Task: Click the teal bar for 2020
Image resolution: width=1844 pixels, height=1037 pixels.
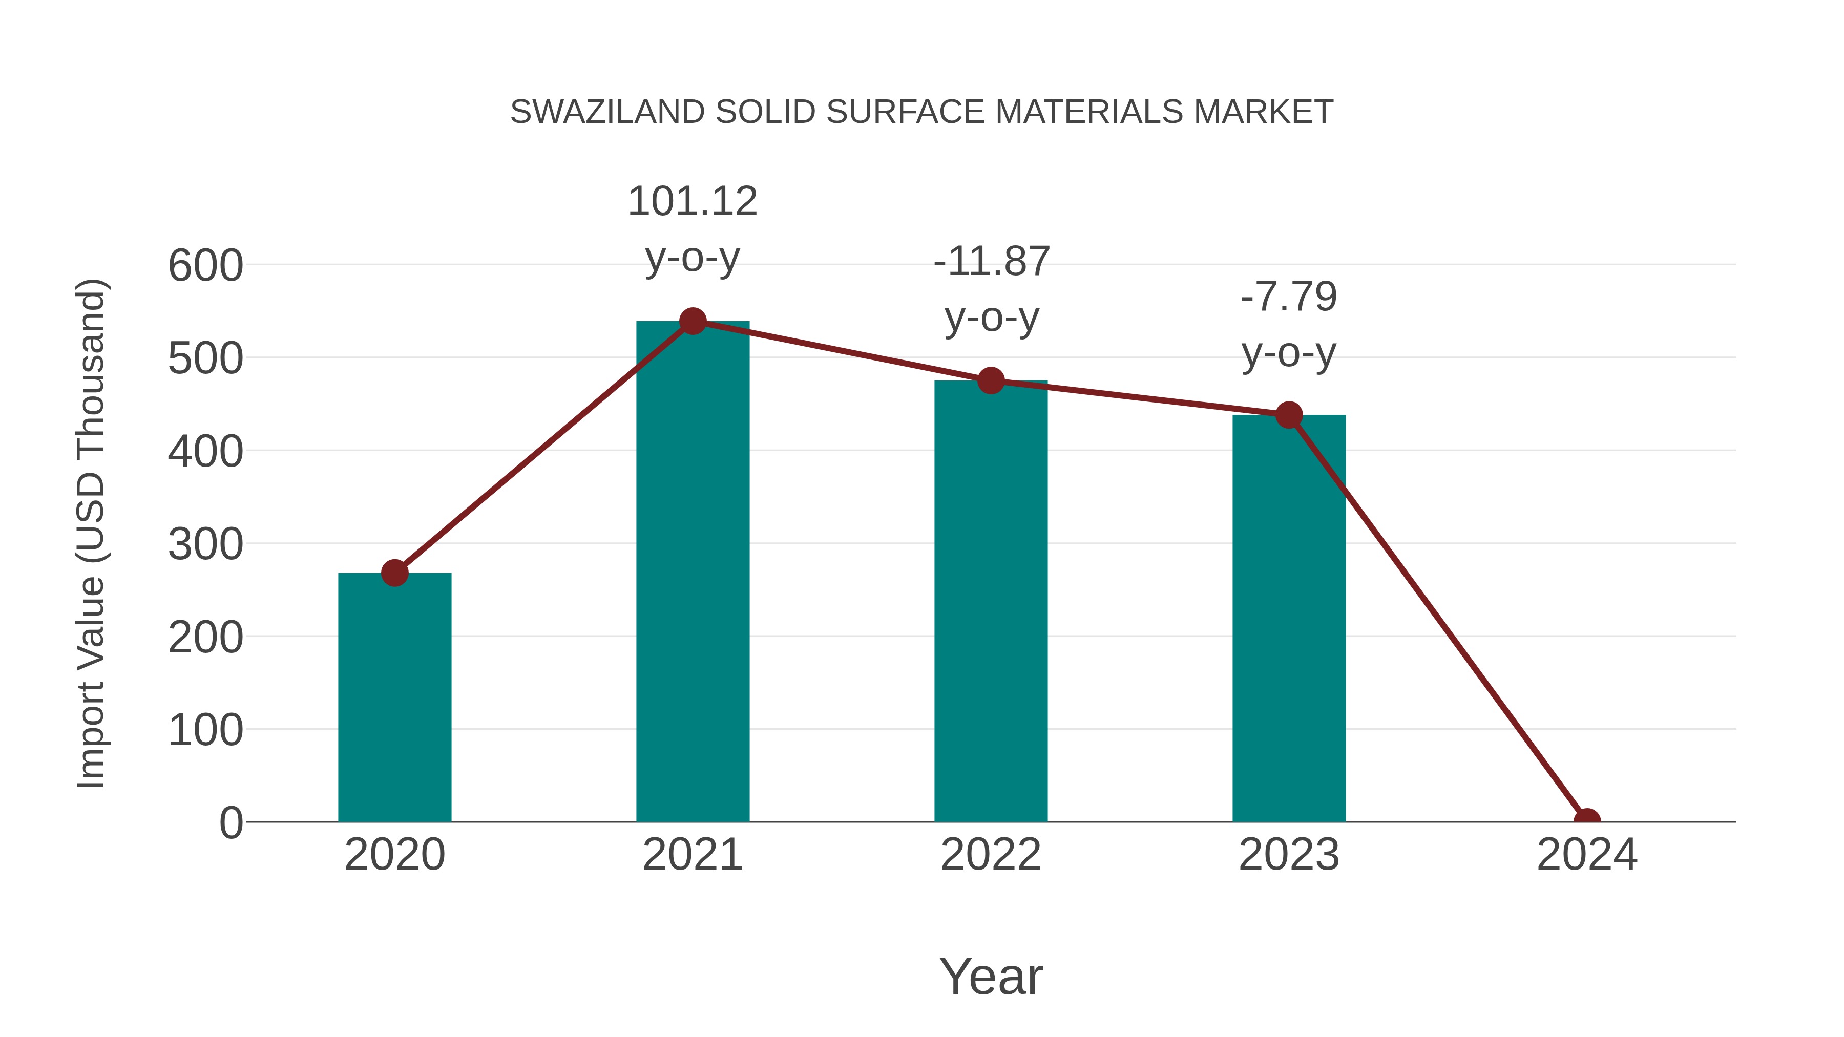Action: coord(394,698)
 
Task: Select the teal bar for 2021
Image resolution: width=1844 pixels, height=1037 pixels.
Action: coord(692,573)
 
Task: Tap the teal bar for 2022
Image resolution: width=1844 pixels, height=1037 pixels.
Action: coord(991,601)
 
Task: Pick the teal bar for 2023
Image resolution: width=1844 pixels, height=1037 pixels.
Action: coord(1289,619)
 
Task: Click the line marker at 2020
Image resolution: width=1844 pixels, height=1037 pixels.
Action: coord(394,573)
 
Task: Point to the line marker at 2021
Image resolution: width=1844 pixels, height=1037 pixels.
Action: coord(692,321)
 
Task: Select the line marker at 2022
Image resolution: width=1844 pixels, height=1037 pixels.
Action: coord(991,380)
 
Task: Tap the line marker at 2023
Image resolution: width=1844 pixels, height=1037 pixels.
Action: coord(1289,415)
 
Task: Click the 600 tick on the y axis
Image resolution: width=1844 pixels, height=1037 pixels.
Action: coord(205,266)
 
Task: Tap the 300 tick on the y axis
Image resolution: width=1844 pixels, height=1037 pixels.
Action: coord(205,545)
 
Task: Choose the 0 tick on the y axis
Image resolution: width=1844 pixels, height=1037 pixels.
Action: coord(230,823)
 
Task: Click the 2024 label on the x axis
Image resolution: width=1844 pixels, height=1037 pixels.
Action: coord(1587,855)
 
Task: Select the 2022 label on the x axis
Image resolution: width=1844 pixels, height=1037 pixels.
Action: coord(991,855)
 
